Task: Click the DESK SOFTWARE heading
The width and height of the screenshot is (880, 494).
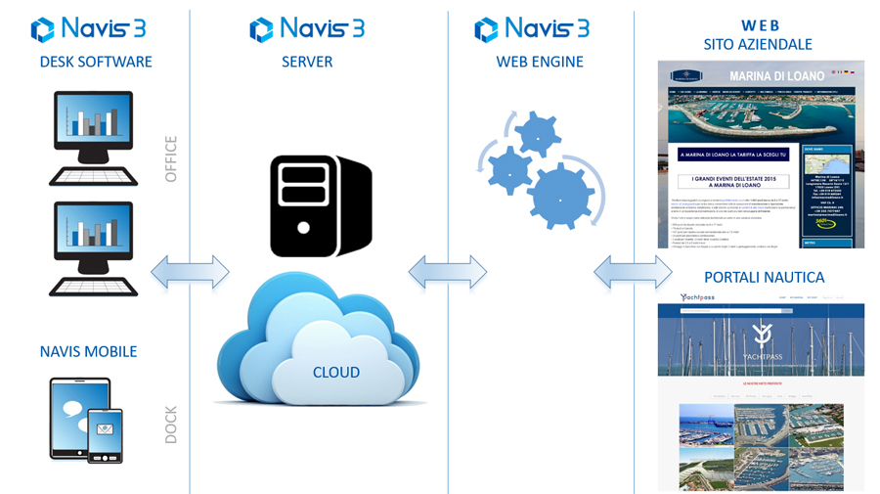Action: tap(96, 62)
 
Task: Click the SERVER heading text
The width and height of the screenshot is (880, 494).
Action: tap(307, 62)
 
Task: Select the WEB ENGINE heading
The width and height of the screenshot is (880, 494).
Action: tap(539, 62)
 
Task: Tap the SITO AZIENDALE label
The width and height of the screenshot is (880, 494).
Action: tap(758, 44)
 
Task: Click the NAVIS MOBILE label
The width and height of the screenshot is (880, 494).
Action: tap(88, 351)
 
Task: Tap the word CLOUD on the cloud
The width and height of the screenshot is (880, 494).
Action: tap(335, 373)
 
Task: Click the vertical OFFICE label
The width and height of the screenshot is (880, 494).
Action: tap(171, 159)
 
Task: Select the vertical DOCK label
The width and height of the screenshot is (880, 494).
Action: tap(171, 424)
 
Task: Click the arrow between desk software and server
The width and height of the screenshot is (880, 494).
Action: tap(190, 272)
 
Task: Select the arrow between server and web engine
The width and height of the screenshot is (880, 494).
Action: tap(447, 272)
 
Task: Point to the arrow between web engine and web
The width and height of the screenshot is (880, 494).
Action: tap(633, 272)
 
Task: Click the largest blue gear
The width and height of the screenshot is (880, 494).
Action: tap(562, 197)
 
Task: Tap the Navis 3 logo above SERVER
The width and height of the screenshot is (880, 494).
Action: tap(307, 28)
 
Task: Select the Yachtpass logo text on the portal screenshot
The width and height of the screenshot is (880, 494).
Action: tap(698, 297)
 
